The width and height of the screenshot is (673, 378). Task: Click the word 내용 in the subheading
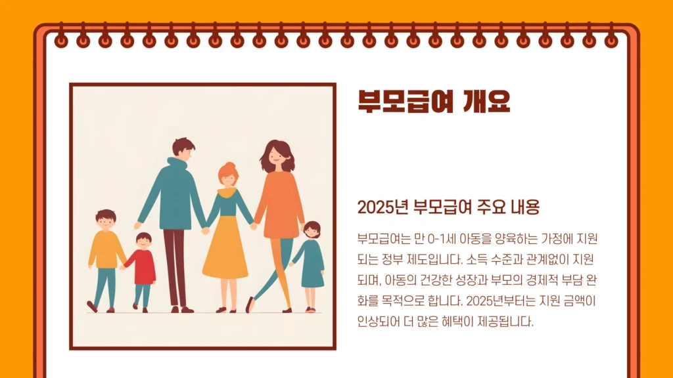coord(523,208)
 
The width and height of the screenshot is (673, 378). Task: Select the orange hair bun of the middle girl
coord(228,166)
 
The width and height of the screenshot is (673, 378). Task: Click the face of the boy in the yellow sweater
coord(105,222)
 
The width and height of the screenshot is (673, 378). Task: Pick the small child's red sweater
coord(141,266)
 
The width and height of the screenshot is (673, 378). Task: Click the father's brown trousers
coord(175,266)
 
